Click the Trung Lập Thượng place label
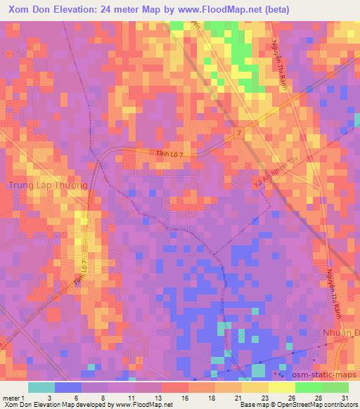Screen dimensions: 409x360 coord(48,185)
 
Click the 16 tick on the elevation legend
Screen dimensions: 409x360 coord(185,398)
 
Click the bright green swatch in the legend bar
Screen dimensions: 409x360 coord(308,387)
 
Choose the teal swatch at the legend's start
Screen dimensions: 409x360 coord(41,387)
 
